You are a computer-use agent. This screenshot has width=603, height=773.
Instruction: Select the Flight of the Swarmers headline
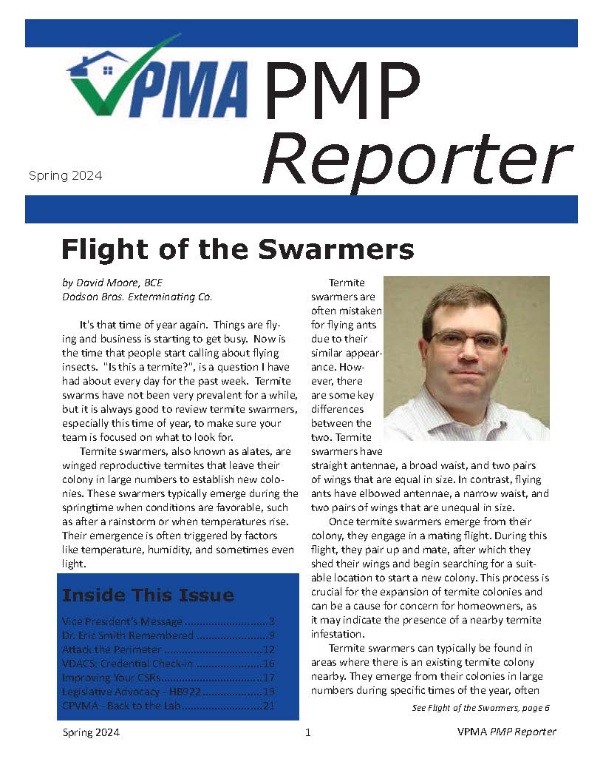pos(237,249)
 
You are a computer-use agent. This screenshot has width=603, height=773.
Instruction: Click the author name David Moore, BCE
pos(112,283)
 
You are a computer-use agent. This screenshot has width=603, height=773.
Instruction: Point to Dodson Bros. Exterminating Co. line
pos(137,297)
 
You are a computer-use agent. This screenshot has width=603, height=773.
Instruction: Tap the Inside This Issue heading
pos(148,595)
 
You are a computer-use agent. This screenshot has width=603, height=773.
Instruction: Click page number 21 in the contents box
pos(269,706)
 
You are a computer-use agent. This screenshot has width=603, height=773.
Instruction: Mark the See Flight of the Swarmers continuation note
pos(480,708)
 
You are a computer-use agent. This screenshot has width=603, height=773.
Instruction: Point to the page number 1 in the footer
pos(308,733)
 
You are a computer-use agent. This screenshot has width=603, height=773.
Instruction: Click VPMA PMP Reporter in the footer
pos(506,732)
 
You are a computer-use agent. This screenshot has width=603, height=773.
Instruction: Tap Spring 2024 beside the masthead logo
pos(65,176)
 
